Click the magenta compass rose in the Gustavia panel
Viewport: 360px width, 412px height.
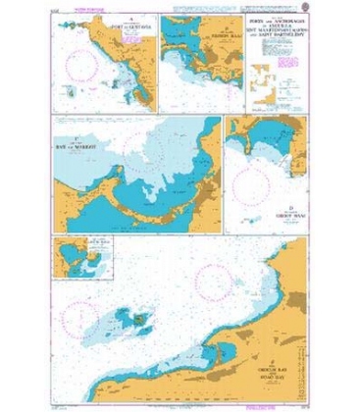[86, 66]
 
